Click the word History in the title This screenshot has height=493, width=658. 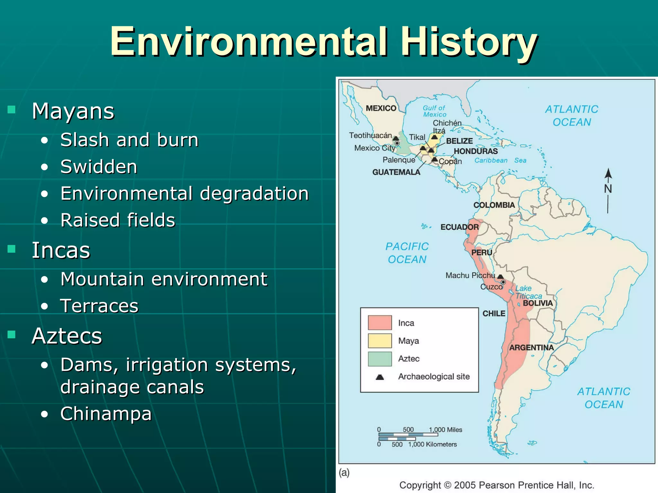[469, 42]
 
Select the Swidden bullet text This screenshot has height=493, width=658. [99, 167]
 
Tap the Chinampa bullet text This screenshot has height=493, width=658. [106, 413]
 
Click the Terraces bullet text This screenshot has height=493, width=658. [99, 306]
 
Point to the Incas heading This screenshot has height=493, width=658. [61, 250]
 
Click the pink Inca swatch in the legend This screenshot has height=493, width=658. [380, 323]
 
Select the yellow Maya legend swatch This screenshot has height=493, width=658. [380, 341]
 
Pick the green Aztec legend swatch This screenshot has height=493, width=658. [380, 359]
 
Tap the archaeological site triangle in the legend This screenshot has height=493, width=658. [380, 377]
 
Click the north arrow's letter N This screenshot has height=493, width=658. [608, 189]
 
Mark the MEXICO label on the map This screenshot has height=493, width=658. [381, 108]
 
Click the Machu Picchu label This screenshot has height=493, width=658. [470, 275]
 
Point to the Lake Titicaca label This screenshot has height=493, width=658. [528, 292]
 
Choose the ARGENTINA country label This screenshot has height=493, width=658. [531, 348]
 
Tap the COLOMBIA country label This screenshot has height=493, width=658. [494, 205]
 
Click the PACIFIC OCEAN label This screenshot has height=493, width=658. [407, 253]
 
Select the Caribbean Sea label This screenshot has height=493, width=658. [500, 160]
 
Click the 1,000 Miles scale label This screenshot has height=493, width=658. [445, 430]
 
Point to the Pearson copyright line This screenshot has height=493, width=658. [497, 485]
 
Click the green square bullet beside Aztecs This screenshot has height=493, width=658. [12, 335]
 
